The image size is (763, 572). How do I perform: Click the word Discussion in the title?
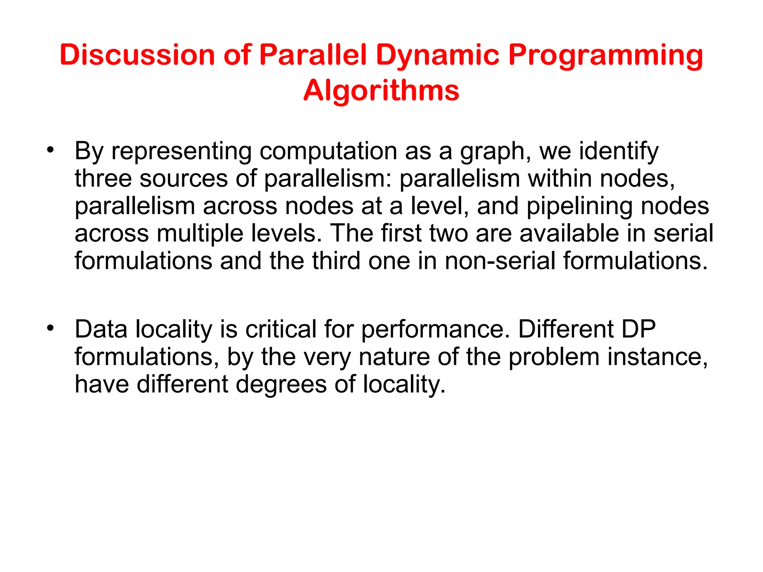[137, 55]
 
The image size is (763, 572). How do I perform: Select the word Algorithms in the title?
[381, 91]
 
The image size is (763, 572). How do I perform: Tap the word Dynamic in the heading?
[437, 55]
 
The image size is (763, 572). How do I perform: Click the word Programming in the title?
[605, 55]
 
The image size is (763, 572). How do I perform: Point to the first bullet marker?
[50, 150]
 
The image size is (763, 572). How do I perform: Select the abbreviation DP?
[638, 329]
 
